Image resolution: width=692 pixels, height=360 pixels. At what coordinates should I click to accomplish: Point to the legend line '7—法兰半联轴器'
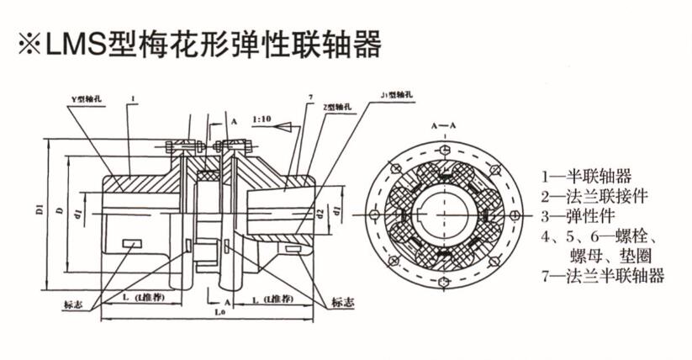[603, 275]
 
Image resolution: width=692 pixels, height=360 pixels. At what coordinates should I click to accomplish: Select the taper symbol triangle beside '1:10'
[284, 127]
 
